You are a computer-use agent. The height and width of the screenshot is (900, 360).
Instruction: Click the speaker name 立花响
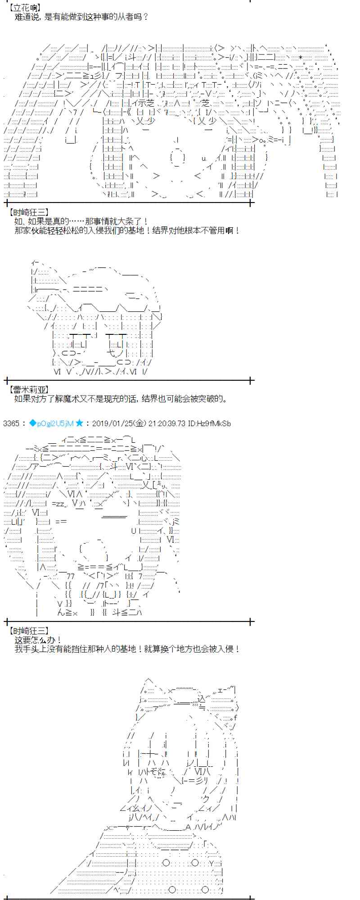[x=25, y=8]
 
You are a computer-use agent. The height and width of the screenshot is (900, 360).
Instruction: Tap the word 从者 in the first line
[x=126, y=17]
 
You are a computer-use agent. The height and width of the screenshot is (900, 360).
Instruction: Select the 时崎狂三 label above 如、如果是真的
[x=28, y=212]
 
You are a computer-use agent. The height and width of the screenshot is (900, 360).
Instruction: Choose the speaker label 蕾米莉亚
[x=28, y=390]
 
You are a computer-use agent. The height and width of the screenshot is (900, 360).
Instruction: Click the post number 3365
[x=11, y=423]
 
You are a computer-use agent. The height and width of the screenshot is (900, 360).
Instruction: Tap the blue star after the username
[x=79, y=423]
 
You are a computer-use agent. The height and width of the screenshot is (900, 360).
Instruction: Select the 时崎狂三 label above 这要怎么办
[x=28, y=631]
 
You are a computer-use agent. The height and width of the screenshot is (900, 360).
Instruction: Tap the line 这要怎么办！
[x=38, y=640]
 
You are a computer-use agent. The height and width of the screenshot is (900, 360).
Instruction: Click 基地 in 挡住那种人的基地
[x=132, y=649]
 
